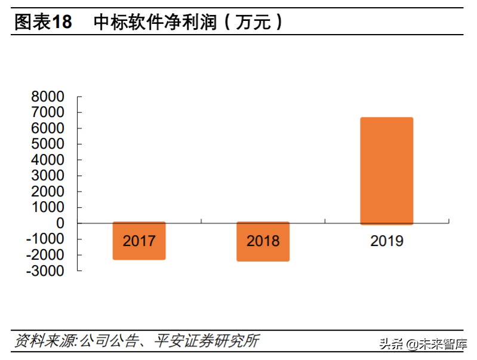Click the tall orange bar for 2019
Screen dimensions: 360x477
click(386, 171)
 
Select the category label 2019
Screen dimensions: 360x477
click(387, 241)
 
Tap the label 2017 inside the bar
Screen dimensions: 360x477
click(139, 241)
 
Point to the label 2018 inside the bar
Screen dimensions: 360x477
click(263, 241)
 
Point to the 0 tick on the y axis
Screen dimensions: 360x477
click(60, 223)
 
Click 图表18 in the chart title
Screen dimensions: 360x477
click(43, 22)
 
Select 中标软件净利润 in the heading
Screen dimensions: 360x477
click(156, 22)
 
